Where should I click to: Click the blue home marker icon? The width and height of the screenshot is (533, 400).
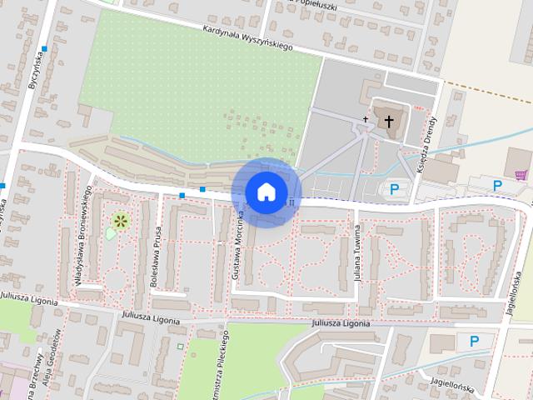click(266, 192)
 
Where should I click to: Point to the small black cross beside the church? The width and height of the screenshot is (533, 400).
click(365, 120)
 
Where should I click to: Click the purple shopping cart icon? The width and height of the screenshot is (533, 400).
click(521, 175)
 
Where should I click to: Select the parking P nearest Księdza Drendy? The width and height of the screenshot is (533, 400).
click(394, 190)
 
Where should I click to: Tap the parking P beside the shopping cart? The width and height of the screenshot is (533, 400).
click(498, 185)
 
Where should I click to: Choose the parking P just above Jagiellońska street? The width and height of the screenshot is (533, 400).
click(475, 340)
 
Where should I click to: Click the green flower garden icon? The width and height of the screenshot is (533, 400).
click(121, 220)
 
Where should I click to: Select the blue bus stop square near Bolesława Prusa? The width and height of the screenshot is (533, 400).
click(182, 195)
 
